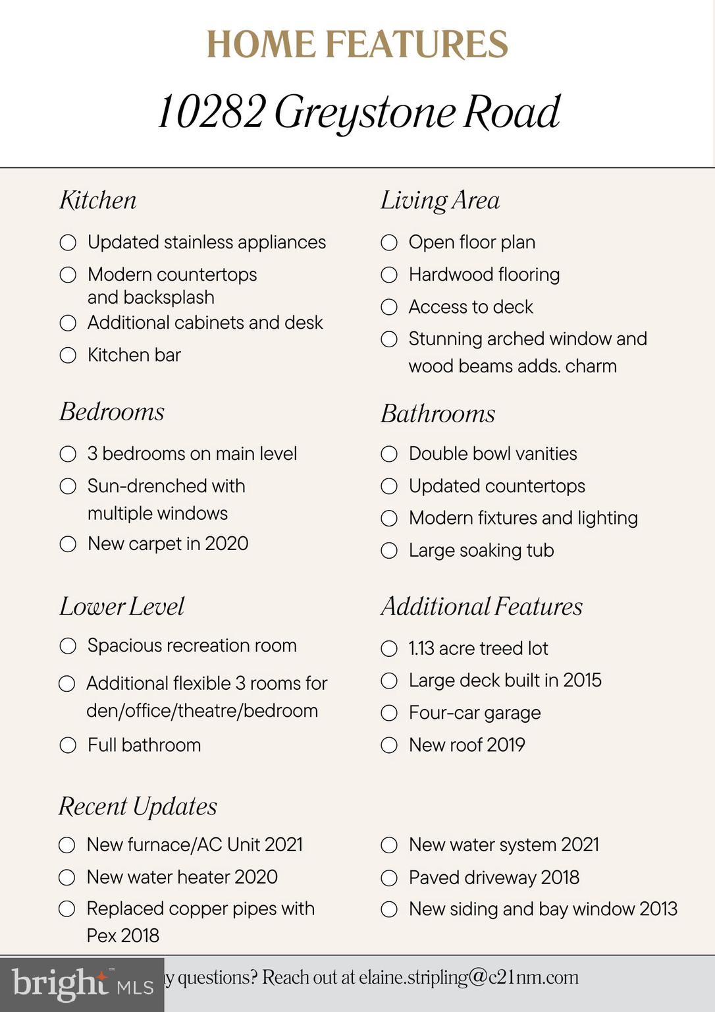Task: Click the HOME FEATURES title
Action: [x=357, y=45]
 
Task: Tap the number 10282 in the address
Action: [x=211, y=112]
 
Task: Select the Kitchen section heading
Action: [x=98, y=200]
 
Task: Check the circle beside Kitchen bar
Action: [x=68, y=356]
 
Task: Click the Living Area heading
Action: [x=440, y=200]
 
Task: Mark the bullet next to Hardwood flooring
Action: [x=389, y=275]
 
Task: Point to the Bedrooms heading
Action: [x=112, y=412]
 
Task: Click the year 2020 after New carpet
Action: [x=226, y=544]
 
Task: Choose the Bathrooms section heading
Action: [x=438, y=414]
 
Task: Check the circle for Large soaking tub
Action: [x=389, y=551]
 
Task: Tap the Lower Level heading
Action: [x=122, y=607]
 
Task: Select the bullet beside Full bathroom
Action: [x=68, y=746]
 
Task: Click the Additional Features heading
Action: [x=481, y=607]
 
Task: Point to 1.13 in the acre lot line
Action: [x=421, y=649]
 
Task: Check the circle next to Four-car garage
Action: [x=389, y=714]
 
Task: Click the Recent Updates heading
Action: [x=138, y=806]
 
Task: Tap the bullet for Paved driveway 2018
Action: [x=389, y=878]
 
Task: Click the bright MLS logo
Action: [x=82, y=985]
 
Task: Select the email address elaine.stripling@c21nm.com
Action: [x=469, y=978]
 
